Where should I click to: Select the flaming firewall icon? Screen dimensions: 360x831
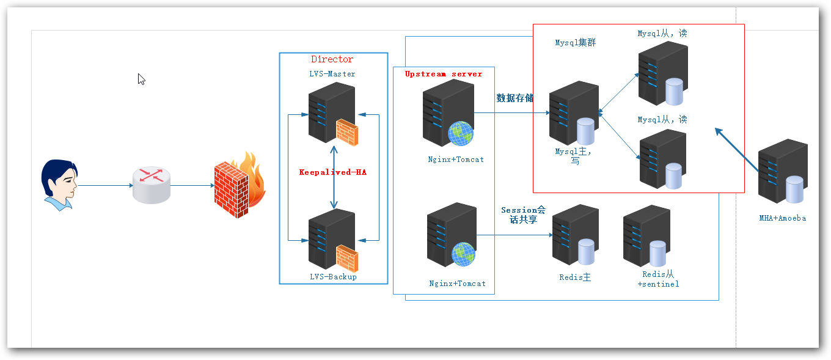238,185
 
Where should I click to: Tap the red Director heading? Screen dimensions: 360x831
332,59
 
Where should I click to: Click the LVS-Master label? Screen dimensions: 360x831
332,73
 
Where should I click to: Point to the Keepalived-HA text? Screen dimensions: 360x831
334,172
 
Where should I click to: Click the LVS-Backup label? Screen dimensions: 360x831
333,277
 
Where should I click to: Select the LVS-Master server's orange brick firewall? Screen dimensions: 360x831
346,133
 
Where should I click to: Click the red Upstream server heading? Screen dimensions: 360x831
444,74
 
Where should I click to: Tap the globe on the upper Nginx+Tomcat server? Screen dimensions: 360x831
460,133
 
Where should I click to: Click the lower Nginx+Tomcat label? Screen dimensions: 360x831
457,284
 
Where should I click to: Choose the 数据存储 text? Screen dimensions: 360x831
514,98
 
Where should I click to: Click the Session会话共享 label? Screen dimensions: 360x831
523,215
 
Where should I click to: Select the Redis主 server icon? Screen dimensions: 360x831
574,235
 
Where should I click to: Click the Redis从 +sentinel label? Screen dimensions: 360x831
658,279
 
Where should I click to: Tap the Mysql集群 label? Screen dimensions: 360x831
575,43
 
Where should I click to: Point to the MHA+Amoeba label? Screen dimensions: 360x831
782,218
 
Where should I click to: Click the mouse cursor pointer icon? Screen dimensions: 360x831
141,79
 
